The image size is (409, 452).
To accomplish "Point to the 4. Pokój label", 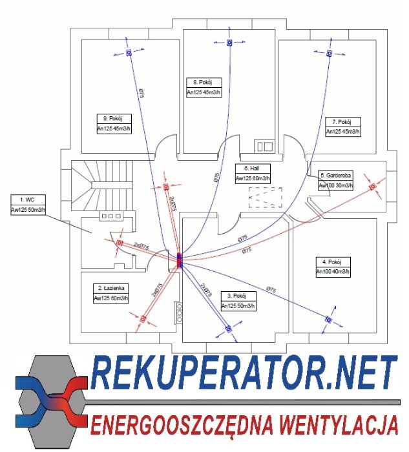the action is (332, 262).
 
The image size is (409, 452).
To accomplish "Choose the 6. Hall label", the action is (252, 169).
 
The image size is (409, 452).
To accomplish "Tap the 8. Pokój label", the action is (204, 82).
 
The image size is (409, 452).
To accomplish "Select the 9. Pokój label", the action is (113, 119).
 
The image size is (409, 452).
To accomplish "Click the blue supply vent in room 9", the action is (129, 52).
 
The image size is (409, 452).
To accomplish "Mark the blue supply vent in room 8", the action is (229, 43).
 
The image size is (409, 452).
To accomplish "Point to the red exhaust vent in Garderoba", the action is (372, 187).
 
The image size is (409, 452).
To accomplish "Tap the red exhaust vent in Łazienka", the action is (142, 318).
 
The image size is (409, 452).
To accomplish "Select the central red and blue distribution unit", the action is (180, 260).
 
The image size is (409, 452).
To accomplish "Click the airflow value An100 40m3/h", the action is (332, 272).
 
